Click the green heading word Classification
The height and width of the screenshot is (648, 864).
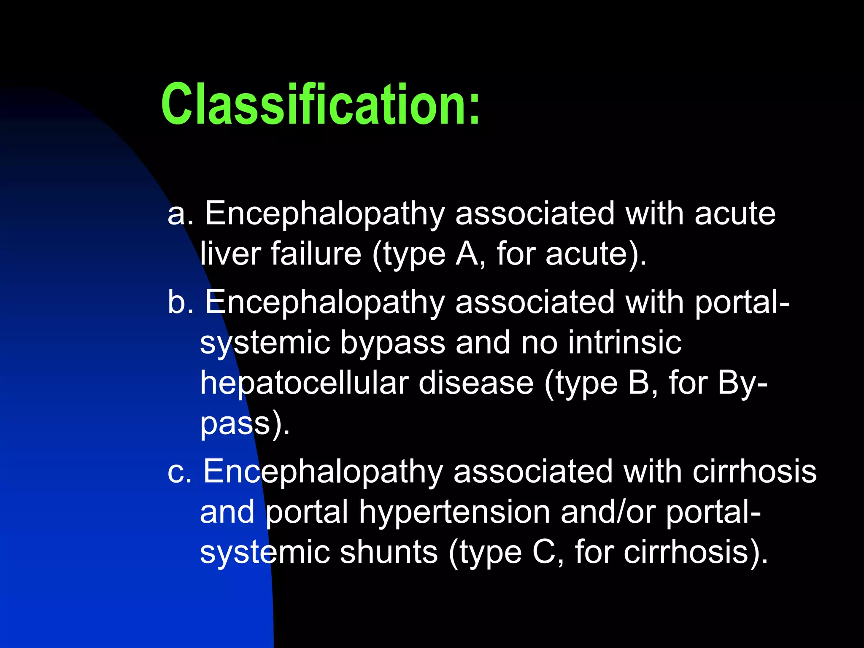click(x=314, y=104)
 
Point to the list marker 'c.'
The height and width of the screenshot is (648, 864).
click(x=179, y=472)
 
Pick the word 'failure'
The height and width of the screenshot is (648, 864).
click(x=316, y=254)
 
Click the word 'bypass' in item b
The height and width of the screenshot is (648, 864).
click(x=392, y=343)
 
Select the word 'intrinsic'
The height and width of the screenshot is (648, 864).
click(x=624, y=343)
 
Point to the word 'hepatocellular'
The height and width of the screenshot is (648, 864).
click(x=304, y=383)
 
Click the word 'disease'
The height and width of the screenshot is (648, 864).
click(x=476, y=383)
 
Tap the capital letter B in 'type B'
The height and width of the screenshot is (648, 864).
click(x=639, y=383)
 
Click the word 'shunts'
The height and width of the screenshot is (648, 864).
click(x=389, y=553)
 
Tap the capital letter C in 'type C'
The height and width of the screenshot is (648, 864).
click(x=544, y=553)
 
